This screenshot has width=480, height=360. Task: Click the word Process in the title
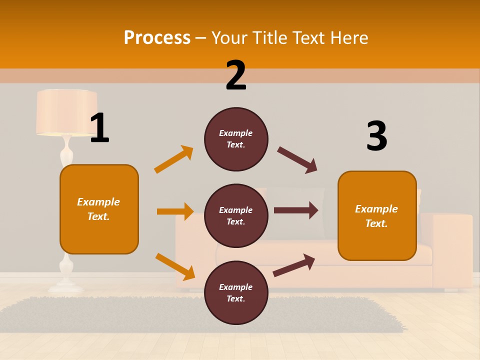tap(157, 38)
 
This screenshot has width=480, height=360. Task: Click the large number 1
tap(99, 128)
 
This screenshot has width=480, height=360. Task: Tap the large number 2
tap(236, 75)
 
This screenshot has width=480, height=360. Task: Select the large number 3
tap(376, 136)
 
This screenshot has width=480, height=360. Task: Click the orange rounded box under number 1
tap(99, 209)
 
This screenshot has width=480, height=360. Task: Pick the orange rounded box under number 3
tap(377, 215)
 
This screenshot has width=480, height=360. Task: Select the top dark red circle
tap(236, 139)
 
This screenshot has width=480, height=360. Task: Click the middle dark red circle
tap(236, 215)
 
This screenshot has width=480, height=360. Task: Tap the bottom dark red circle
tap(236, 292)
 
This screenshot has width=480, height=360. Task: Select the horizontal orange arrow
tap(175, 211)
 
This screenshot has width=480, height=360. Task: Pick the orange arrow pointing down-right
tap(175, 266)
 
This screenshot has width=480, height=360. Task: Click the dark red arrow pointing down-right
tap(297, 160)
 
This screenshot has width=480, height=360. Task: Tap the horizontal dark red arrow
tap(296, 210)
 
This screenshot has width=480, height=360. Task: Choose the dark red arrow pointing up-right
tap(294, 265)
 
